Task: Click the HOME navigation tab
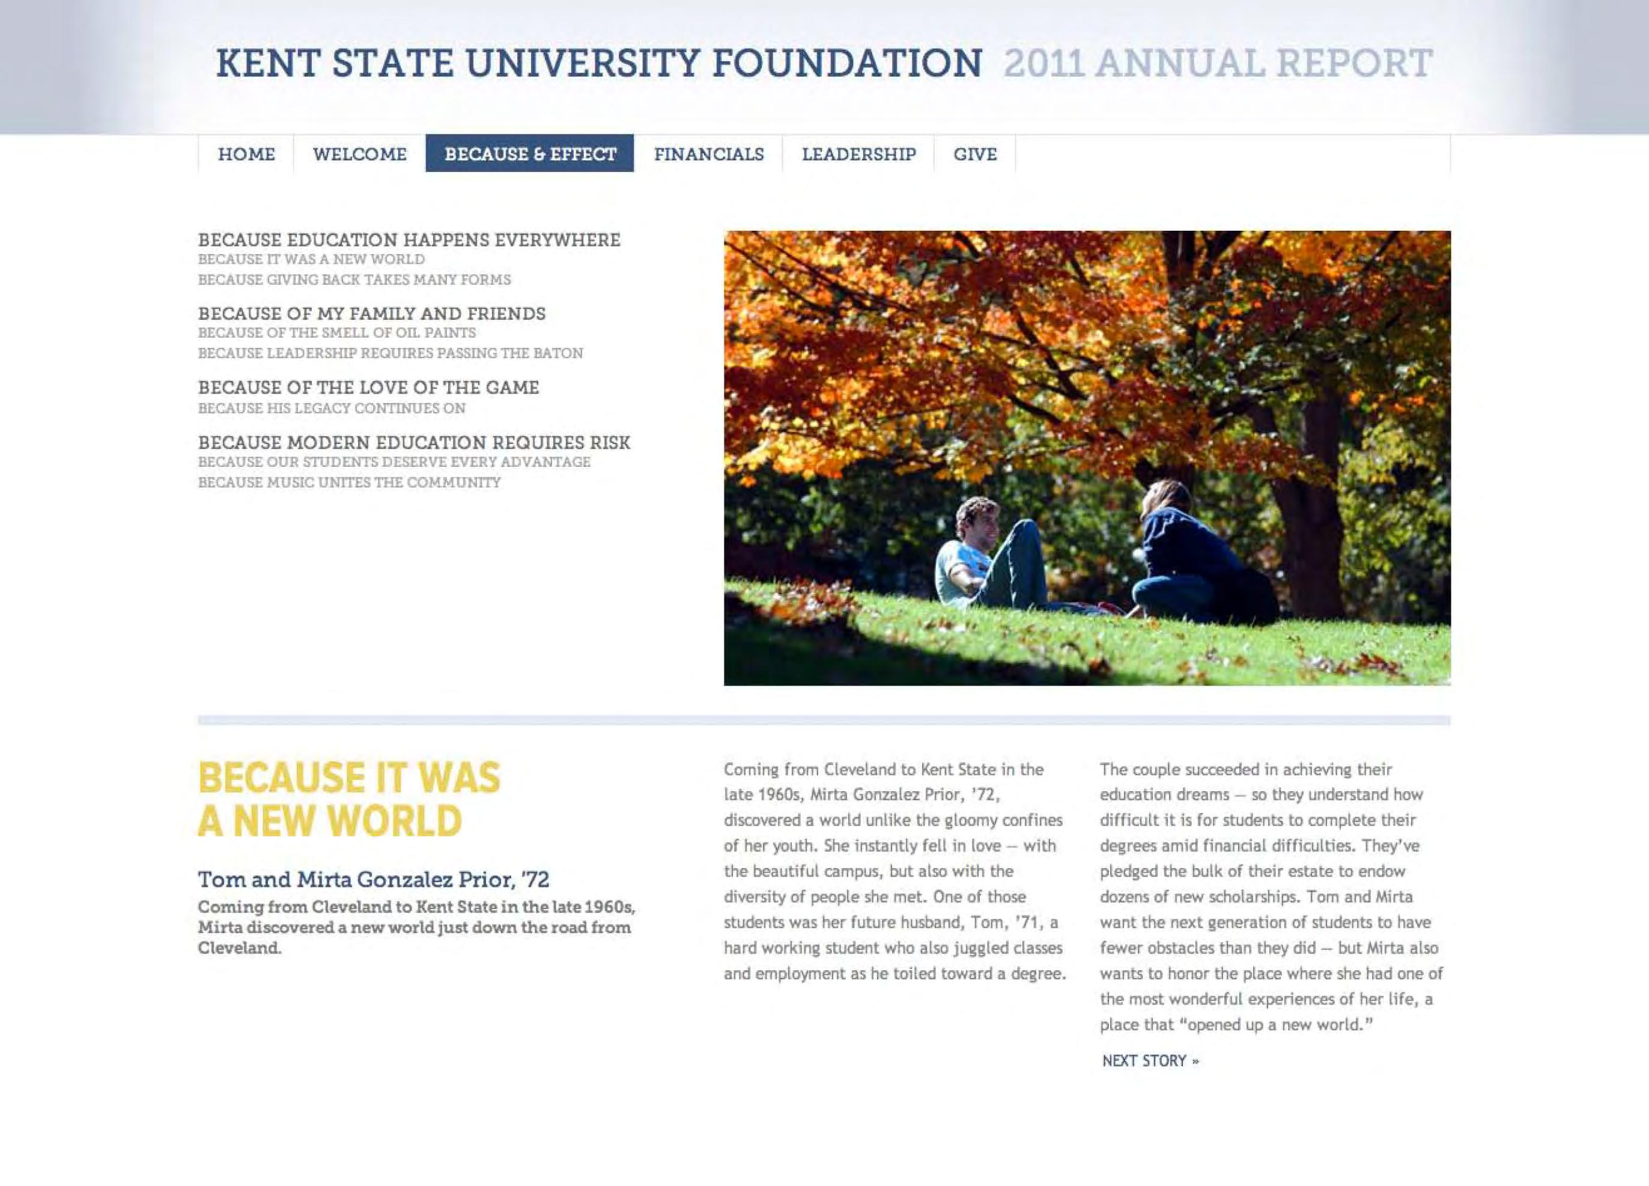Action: click(x=246, y=154)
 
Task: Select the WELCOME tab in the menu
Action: click(x=359, y=154)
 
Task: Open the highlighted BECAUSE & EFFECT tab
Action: click(x=530, y=154)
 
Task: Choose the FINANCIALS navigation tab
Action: click(x=708, y=154)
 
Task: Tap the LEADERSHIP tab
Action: click(x=858, y=154)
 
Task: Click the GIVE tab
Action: click(x=974, y=154)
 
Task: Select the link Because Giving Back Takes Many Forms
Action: click(x=354, y=280)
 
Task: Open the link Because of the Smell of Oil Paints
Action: click(x=336, y=333)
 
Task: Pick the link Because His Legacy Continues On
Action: click(x=332, y=409)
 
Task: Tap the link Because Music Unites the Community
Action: click(x=349, y=483)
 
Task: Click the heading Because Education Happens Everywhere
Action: click(x=408, y=240)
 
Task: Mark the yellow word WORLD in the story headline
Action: click(x=394, y=821)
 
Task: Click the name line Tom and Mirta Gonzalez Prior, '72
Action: click(x=373, y=880)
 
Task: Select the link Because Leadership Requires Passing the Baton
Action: click(x=390, y=353)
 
